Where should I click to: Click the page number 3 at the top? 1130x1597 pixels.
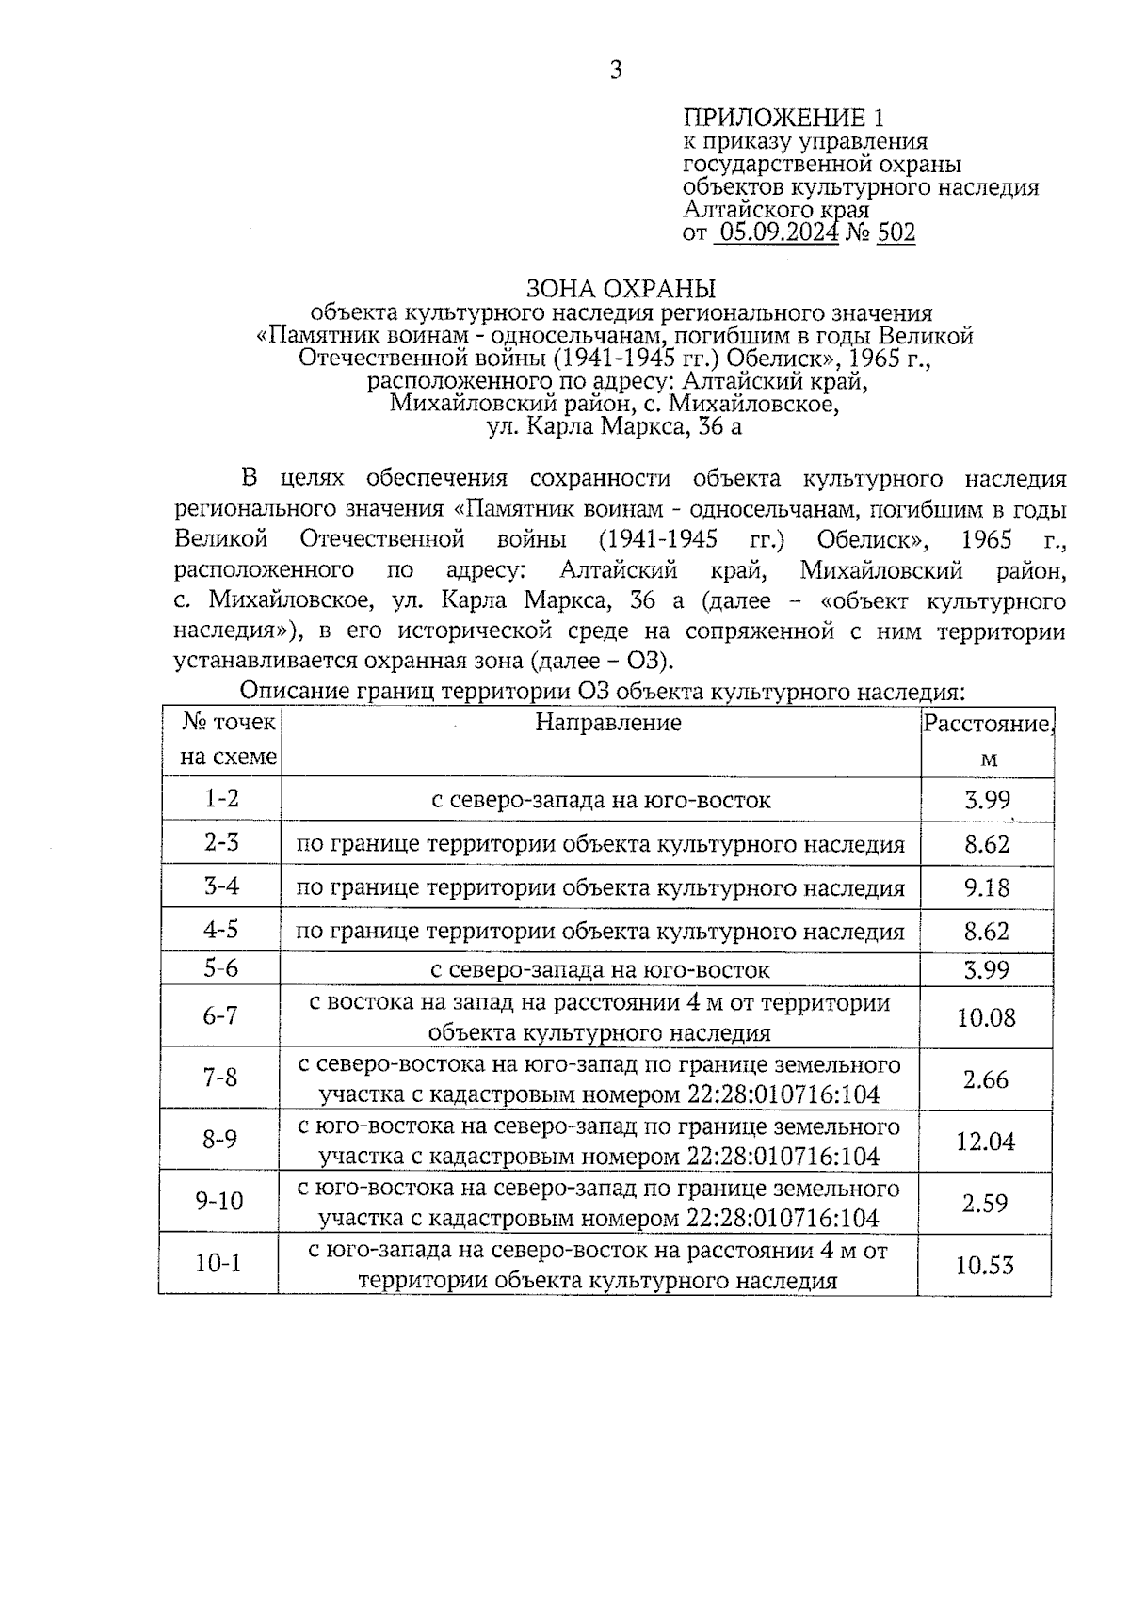[x=616, y=71]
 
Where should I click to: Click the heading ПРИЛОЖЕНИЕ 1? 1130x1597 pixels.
[x=783, y=119]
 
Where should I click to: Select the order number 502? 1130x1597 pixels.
[x=896, y=232]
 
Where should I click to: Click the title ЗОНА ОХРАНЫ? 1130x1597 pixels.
[x=621, y=288]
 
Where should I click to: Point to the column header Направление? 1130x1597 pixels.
[x=608, y=723]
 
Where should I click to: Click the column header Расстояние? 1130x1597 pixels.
[x=986, y=724]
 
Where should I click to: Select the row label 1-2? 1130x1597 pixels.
[x=222, y=799]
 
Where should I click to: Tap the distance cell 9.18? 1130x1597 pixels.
[x=986, y=887]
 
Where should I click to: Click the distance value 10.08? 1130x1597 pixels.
[x=986, y=1017]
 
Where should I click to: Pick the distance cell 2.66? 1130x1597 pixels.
[x=986, y=1079]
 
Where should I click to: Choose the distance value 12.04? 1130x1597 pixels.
[x=986, y=1142]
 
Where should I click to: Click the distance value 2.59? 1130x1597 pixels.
[x=986, y=1203]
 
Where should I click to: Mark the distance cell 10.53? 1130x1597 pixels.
[x=985, y=1265]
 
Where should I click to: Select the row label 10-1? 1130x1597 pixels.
[x=218, y=1264]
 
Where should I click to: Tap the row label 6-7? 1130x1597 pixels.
[x=220, y=1016]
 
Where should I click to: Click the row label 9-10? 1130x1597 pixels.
[x=218, y=1202]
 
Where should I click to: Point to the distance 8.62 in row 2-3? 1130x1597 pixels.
[x=986, y=843]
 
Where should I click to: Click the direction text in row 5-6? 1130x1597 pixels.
[x=601, y=969]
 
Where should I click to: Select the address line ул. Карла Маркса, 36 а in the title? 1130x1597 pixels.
[x=615, y=428]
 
